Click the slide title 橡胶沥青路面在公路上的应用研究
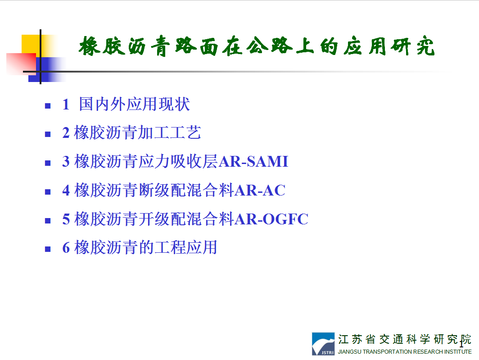click(257, 46)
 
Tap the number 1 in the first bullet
click(66, 104)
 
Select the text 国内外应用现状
click(135, 104)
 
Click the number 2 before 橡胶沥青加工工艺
click(66, 133)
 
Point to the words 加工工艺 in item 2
click(169, 133)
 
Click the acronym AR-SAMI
click(253, 161)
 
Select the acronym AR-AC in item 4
click(260, 190)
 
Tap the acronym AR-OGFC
click(272, 219)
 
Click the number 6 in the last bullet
click(66, 247)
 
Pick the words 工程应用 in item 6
click(186, 247)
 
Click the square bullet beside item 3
click(48, 163)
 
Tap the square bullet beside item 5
click(48, 220)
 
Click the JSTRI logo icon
click(323, 344)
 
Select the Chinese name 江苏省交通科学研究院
click(405, 339)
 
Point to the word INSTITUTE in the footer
click(458, 352)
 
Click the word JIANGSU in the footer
click(349, 352)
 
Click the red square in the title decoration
click(21, 64)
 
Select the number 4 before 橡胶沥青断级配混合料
click(66, 190)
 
